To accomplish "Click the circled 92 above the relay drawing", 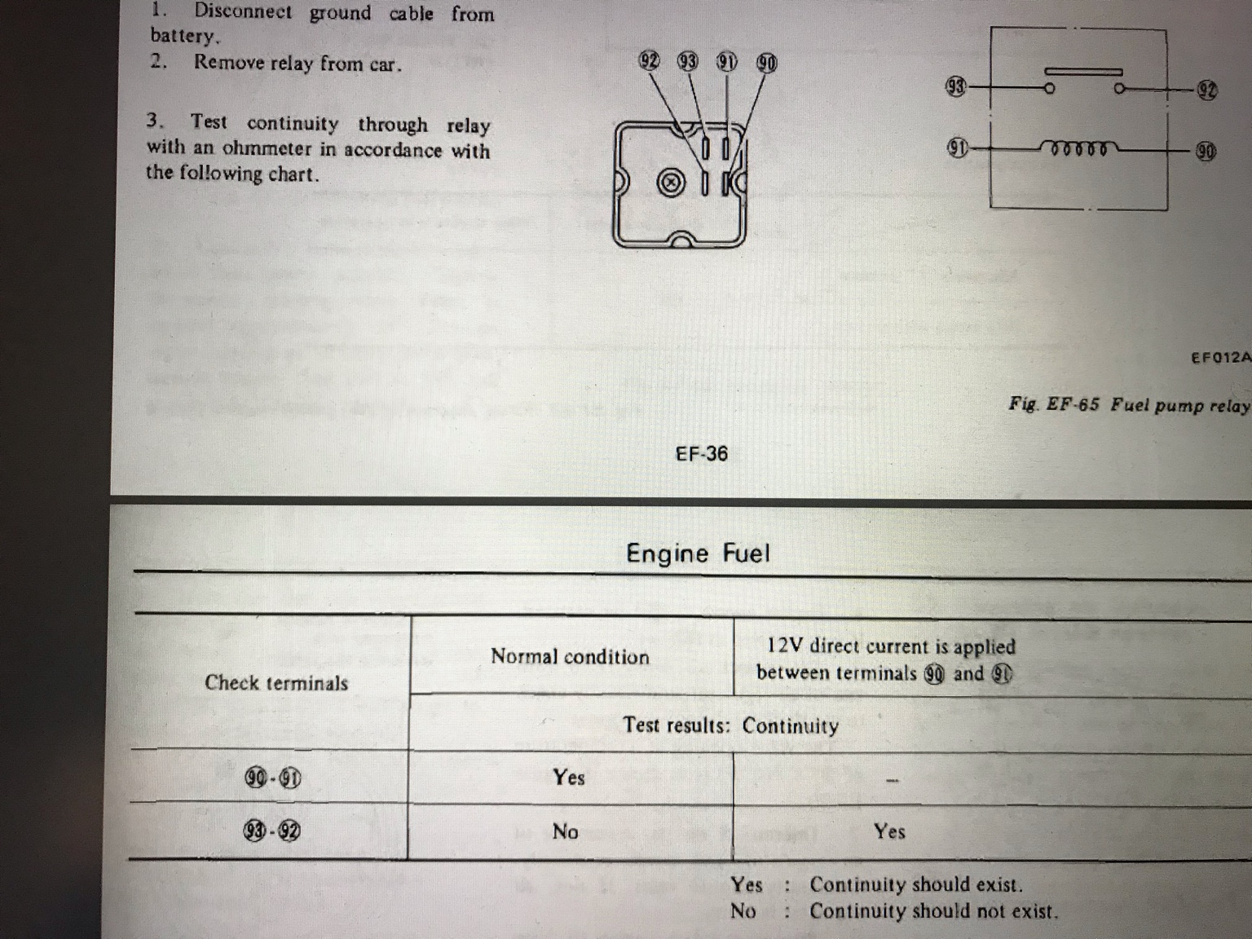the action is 649,60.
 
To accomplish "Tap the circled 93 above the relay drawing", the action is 687,61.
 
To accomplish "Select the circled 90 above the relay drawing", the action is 766,64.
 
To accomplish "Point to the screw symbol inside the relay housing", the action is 671,183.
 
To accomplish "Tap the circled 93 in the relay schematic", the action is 957,86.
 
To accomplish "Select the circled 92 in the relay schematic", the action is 1206,90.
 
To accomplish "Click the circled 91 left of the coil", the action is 958,148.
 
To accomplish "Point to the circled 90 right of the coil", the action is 1206,151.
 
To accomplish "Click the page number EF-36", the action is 702,454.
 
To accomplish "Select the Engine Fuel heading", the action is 698,553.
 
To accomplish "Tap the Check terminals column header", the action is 276,682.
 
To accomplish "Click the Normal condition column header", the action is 570,656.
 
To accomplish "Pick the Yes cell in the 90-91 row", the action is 569,777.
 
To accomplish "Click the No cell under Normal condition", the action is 565,832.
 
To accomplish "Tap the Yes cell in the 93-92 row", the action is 889,831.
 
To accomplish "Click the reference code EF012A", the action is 1221,358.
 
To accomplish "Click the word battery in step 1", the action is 184,36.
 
